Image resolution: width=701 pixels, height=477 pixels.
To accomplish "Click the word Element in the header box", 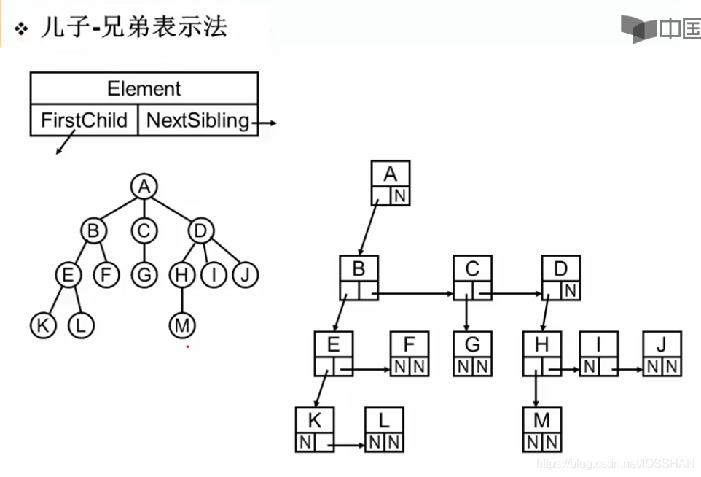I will [144, 89].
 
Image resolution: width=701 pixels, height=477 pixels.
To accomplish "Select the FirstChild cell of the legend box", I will [84, 120].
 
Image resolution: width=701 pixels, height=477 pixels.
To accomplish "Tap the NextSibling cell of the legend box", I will [197, 120].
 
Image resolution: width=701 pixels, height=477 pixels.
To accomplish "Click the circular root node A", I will [144, 187].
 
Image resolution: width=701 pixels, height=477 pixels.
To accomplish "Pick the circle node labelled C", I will [144, 231].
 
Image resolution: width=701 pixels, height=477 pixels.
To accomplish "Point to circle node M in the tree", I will [181, 325].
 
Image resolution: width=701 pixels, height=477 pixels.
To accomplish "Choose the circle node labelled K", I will [43, 325].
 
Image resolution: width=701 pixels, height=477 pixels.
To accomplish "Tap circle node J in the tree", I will [246, 275].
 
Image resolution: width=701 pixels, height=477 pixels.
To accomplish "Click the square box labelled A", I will [391, 175].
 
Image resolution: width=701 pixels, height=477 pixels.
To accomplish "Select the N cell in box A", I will [400, 196].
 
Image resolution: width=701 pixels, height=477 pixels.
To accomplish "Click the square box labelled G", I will [472, 344].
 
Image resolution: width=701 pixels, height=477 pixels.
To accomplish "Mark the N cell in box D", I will [571, 291].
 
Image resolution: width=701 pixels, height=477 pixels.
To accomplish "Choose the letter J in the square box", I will [662, 344].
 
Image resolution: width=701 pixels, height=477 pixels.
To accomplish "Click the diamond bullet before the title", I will [22, 28].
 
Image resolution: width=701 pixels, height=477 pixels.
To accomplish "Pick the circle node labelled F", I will [106, 275].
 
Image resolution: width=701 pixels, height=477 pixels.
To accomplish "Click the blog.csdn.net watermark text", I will [616, 463].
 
